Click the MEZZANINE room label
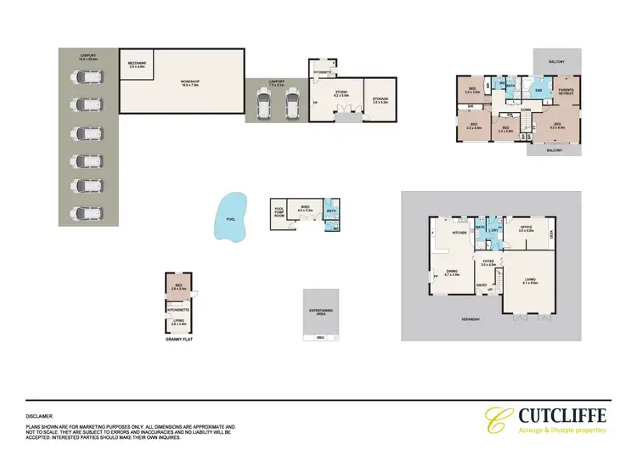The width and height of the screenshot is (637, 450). [136, 64]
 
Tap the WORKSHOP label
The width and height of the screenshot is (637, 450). [189, 82]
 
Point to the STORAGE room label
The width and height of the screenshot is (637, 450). [380, 99]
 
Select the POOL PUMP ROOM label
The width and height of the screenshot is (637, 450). [279, 212]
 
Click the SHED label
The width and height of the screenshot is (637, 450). [304, 206]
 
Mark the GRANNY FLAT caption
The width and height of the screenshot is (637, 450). [179, 339]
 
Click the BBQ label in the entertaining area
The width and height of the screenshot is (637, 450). [320, 338]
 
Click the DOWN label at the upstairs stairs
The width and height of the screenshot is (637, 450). [527, 110]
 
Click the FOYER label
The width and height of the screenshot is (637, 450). [488, 262]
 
